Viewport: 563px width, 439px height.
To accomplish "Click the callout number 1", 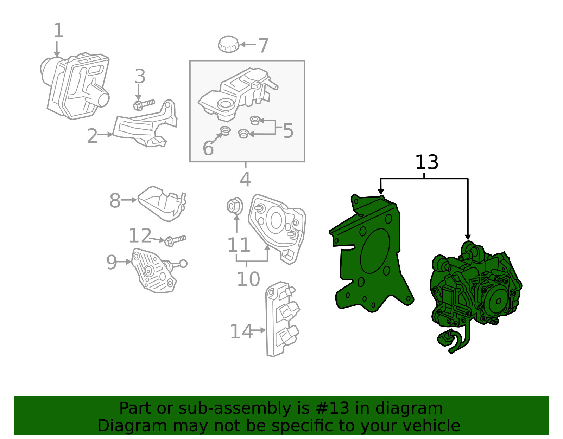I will click(58, 31).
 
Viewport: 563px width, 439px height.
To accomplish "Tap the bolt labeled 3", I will click(144, 104).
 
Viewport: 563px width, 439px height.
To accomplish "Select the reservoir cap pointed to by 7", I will click(228, 44).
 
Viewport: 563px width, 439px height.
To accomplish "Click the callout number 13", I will click(426, 162).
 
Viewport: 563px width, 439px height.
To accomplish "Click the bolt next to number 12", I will click(175, 240).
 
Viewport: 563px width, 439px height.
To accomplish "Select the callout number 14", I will click(241, 331).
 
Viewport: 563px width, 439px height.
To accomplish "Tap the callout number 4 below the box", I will click(245, 180).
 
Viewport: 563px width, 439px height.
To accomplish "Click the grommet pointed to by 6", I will click(225, 130).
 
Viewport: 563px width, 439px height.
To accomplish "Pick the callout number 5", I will click(288, 131).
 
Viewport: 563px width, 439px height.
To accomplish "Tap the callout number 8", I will click(115, 201).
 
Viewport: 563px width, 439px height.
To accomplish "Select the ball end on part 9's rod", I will click(183, 263).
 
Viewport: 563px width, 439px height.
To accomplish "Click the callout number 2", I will click(92, 136).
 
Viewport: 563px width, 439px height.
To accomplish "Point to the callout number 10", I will click(248, 279).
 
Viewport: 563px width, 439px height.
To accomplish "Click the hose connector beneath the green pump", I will click(445, 338).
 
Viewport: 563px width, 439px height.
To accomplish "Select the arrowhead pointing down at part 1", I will click(57, 55).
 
